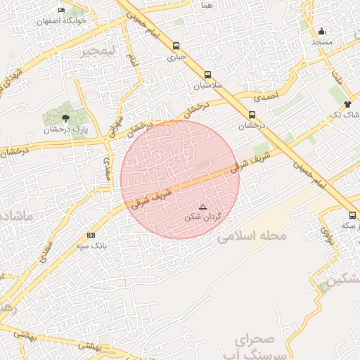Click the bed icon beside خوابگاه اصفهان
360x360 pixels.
click(61, 11)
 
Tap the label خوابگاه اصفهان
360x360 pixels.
click(63, 20)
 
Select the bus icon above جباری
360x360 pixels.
click(176, 47)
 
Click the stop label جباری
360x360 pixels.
click(176, 58)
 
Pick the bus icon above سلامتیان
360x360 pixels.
click(207, 75)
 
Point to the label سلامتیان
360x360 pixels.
click(207, 85)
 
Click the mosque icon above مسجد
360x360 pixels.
click(321, 31)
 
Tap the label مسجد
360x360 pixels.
click(321, 42)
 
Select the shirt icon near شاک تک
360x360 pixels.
click(347, 103)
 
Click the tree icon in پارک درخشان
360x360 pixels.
click(65, 118)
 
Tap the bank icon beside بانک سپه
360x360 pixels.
click(91, 235)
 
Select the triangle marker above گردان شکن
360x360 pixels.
click(203, 207)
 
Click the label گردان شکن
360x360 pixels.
click(202, 217)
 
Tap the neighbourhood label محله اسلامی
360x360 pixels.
click(252, 236)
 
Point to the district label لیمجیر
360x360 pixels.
click(96, 51)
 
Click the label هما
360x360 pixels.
click(206, 5)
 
